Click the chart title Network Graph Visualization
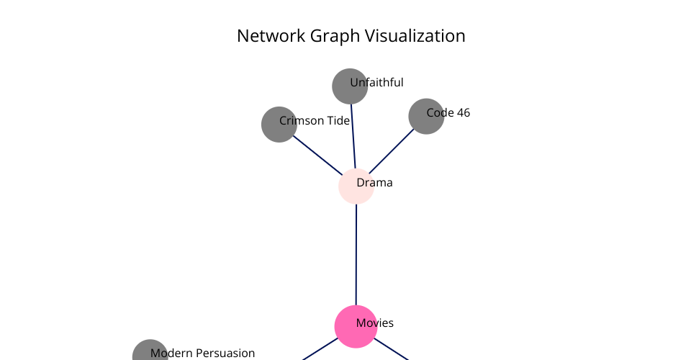tap(351, 36)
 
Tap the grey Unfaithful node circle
tap(350, 86)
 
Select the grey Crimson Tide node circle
tap(279, 125)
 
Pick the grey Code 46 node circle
tap(426, 117)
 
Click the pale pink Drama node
tap(356, 186)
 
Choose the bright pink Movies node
tap(356, 326)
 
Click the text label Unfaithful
tap(376, 83)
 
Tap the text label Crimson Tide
tap(315, 121)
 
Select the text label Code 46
tap(448, 113)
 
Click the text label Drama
tap(374, 182)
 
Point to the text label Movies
tap(374, 323)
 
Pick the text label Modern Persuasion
tap(203, 353)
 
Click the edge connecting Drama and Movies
tap(356, 255)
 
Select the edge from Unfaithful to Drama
tap(353, 136)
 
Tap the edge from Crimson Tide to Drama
tap(317, 156)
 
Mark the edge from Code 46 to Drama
tap(392, 151)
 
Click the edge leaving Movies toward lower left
tap(320, 349)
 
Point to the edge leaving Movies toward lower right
tap(392, 349)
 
